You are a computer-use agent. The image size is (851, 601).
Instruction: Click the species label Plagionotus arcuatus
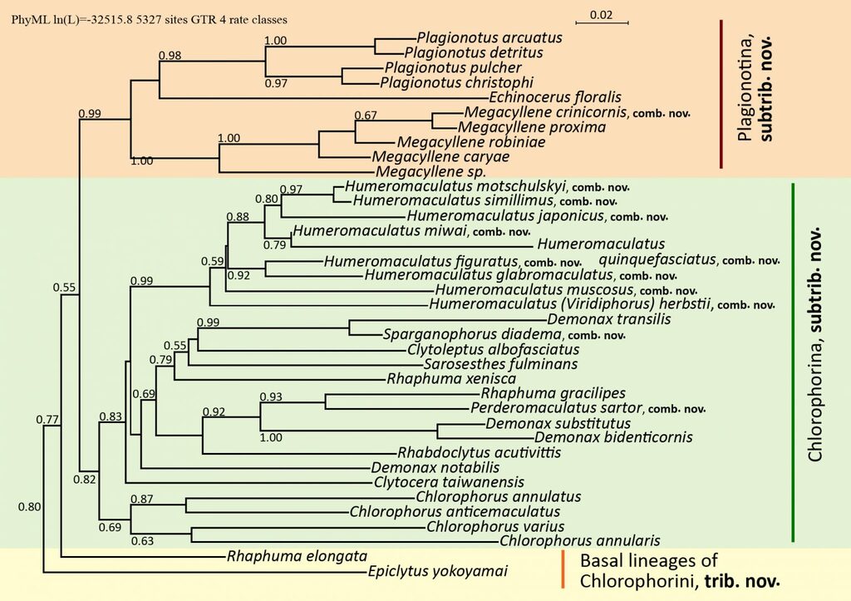point(489,37)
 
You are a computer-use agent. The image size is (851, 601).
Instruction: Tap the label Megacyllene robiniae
point(471,141)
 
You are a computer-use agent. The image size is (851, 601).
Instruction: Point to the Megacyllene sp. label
point(430,171)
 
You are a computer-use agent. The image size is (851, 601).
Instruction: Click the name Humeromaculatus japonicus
point(505,215)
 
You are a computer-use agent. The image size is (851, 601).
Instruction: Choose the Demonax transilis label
point(609,318)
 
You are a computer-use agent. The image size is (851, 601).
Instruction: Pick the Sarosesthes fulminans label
point(500,364)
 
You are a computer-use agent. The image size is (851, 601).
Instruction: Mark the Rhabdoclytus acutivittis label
point(480,452)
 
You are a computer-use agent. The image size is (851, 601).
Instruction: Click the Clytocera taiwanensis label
point(449,481)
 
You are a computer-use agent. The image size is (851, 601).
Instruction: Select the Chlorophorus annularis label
point(579,541)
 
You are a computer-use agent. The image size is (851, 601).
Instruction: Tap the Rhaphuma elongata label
point(297,556)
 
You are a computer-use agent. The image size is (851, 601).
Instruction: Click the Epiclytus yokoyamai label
point(437,571)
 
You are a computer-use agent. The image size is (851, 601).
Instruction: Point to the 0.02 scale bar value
point(601,15)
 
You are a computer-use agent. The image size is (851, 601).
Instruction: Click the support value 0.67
point(366,115)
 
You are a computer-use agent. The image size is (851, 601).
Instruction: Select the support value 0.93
point(271,397)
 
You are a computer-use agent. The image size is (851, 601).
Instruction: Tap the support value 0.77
point(47,419)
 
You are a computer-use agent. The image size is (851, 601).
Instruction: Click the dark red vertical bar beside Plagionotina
point(721,94)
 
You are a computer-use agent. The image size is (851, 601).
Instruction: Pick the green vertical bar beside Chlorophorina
point(794,362)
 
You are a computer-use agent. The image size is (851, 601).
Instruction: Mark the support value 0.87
point(141,499)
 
